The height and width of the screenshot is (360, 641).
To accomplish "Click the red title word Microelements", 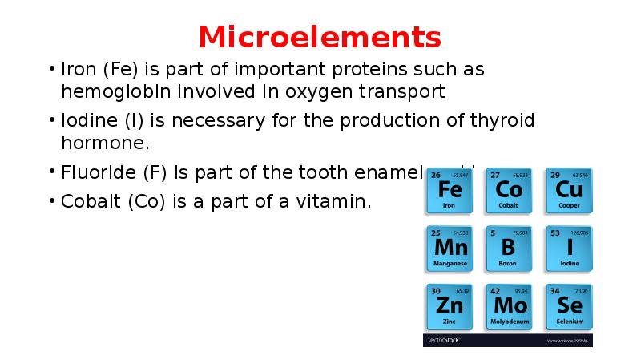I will [320, 37].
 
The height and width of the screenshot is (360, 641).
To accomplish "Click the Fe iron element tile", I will [450, 190].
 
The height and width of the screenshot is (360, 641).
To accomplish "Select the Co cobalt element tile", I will [509, 190].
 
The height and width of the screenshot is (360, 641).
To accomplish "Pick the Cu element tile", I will [570, 190].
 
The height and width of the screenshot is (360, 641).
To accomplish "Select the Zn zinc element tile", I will [450, 306].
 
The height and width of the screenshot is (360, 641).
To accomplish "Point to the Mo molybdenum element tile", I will [509, 306].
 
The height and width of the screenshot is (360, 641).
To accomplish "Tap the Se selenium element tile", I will [570, 306].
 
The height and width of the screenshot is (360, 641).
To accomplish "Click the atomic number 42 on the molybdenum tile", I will [495, 290].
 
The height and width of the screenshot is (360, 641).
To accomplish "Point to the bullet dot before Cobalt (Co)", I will [51, 201].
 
